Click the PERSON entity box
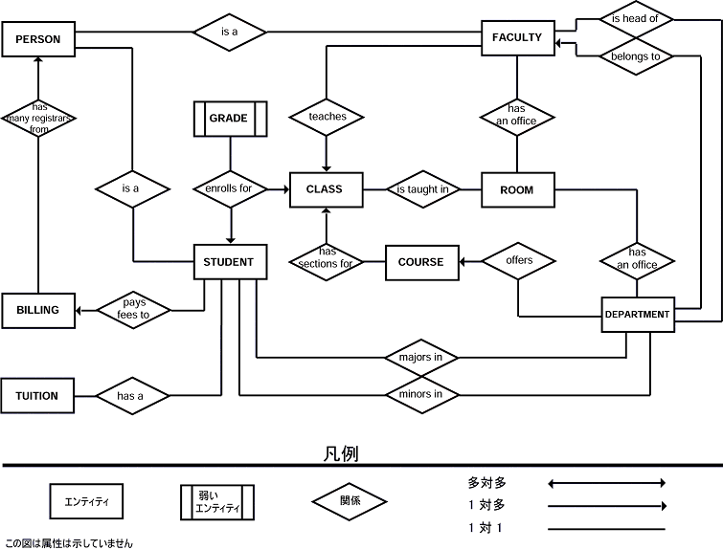(38, 40)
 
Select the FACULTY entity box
(517, 38)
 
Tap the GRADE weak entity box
(230, 119)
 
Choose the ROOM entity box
(517, 190)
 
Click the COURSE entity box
(421, 262)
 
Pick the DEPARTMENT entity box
(637, 314)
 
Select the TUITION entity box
(37, 395)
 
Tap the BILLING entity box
(38, 310)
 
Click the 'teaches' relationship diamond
(328, 118)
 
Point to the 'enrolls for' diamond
(230, 189)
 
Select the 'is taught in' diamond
(422, 190)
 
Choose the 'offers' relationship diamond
(518, 261)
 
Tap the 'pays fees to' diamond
(135, 309)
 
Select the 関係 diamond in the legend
(350, 500)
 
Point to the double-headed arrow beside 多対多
(606, 482)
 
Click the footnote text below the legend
(69, 542)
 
